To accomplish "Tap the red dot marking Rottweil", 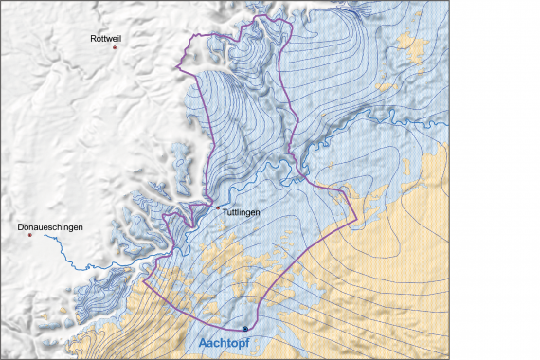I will tap(115, 47).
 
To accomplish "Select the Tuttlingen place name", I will tap(241, 213).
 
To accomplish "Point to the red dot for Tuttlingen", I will tap(217, 207).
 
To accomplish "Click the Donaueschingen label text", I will tap(50, 227).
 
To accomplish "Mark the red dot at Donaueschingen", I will tap(29, 236).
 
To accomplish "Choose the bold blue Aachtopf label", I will tap(232, 344).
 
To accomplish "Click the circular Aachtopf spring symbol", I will tap(245, 329).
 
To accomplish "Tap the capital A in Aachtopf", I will tap(204, 344).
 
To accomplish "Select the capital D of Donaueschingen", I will tap(21, 227).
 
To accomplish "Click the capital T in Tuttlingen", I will tap(224, 213).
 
